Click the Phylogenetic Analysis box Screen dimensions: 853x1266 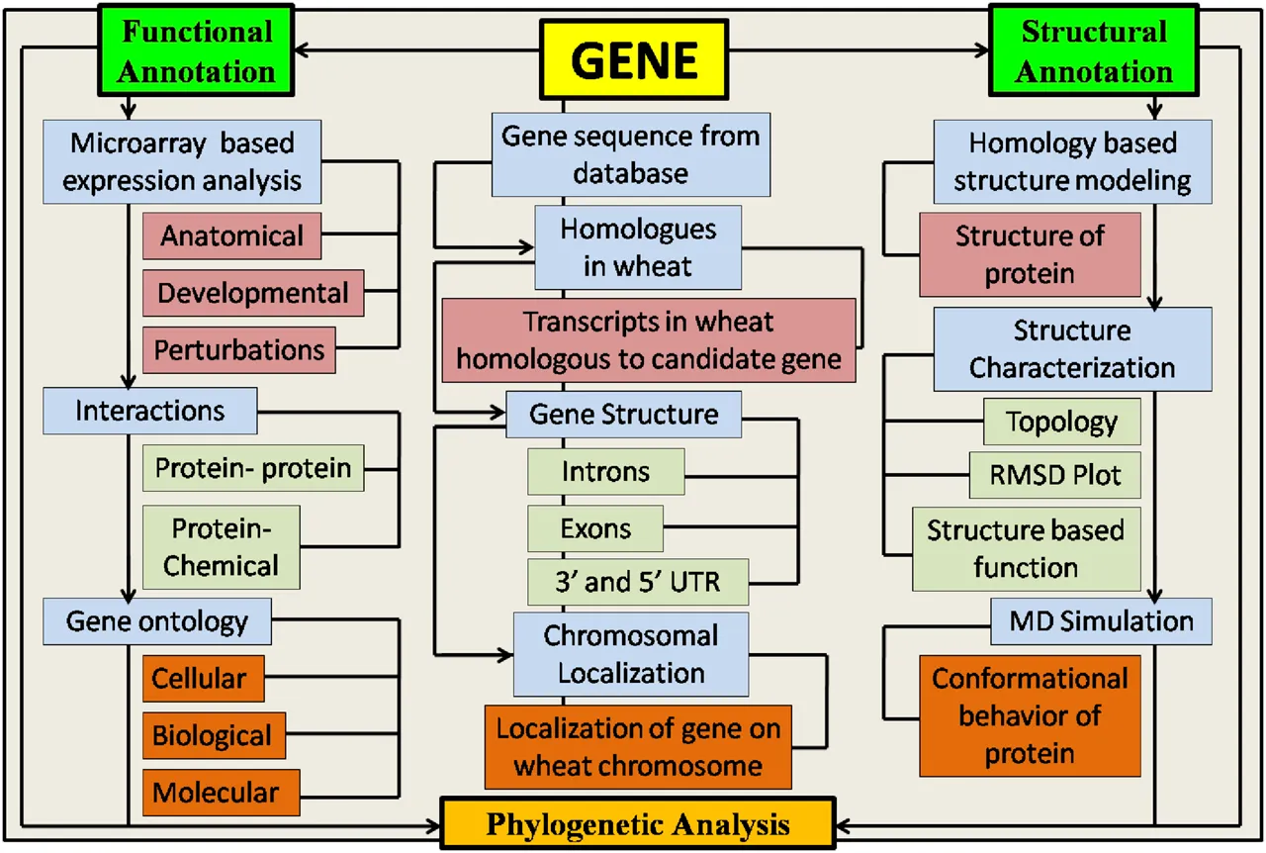pyautogui.click(x=637, y=824)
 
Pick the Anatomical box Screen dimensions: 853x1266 pyautogui.click(x=232, y=236)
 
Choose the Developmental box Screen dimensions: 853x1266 pyautogui.click(x=253, y=293)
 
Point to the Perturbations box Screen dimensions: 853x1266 pyautogui.click(x=239, y=350)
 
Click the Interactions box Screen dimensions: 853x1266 pyautogui.click(x=150, y=411)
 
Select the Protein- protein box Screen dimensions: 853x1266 pyautogui.click(x=253, y=467)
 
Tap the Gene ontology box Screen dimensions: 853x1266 pyautogui.click(x=157, y=621)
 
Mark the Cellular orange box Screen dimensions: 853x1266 pyautogui.click(x=204, y=679)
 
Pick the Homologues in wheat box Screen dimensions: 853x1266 pyautogui.click(x=639, y=247)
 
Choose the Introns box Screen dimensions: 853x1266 pyautogui.click(x=606, y=471)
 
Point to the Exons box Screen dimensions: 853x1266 pyautogui.click(x=595, y=528)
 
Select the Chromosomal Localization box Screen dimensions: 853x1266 pyautogui.click(x=631, y=654)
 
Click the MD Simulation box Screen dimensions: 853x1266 pyautogui.click(x=1101, y=621)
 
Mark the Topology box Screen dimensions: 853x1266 pyautogui.click(x=1062, y=423)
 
